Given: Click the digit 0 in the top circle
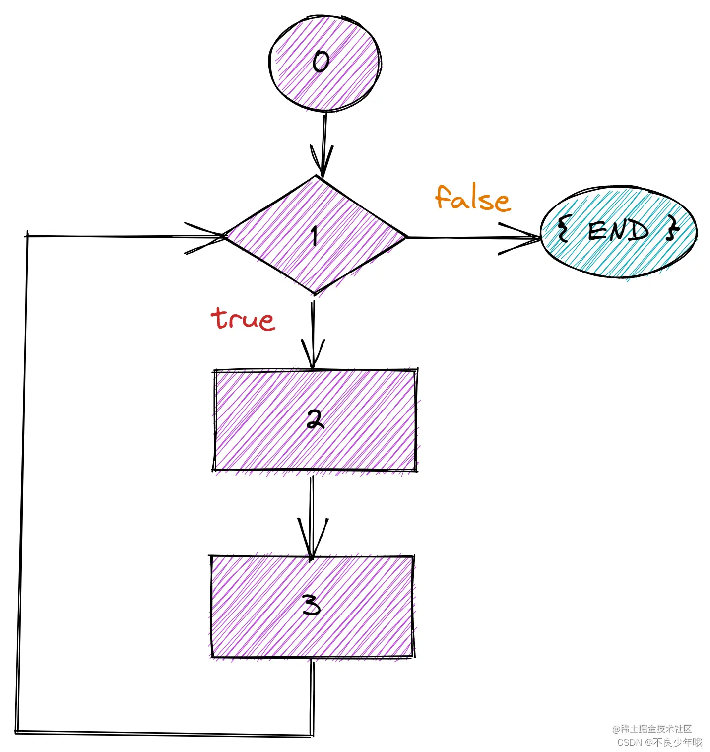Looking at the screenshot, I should tap(321, 62).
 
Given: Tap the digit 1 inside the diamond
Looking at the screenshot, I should tap(314, 236).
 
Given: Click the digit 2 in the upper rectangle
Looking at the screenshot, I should tap(315, 419).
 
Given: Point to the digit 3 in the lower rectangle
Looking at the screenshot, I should tap(312, 605).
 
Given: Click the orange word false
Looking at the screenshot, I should tap(472, 199).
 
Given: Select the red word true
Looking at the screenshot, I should tap(243, 319).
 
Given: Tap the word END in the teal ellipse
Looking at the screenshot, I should tap(618, 231).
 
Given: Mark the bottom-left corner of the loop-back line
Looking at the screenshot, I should tap(17, 731).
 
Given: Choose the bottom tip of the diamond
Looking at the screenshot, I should tap(315, 293).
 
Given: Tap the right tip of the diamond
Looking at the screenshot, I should tap(405, 237).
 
